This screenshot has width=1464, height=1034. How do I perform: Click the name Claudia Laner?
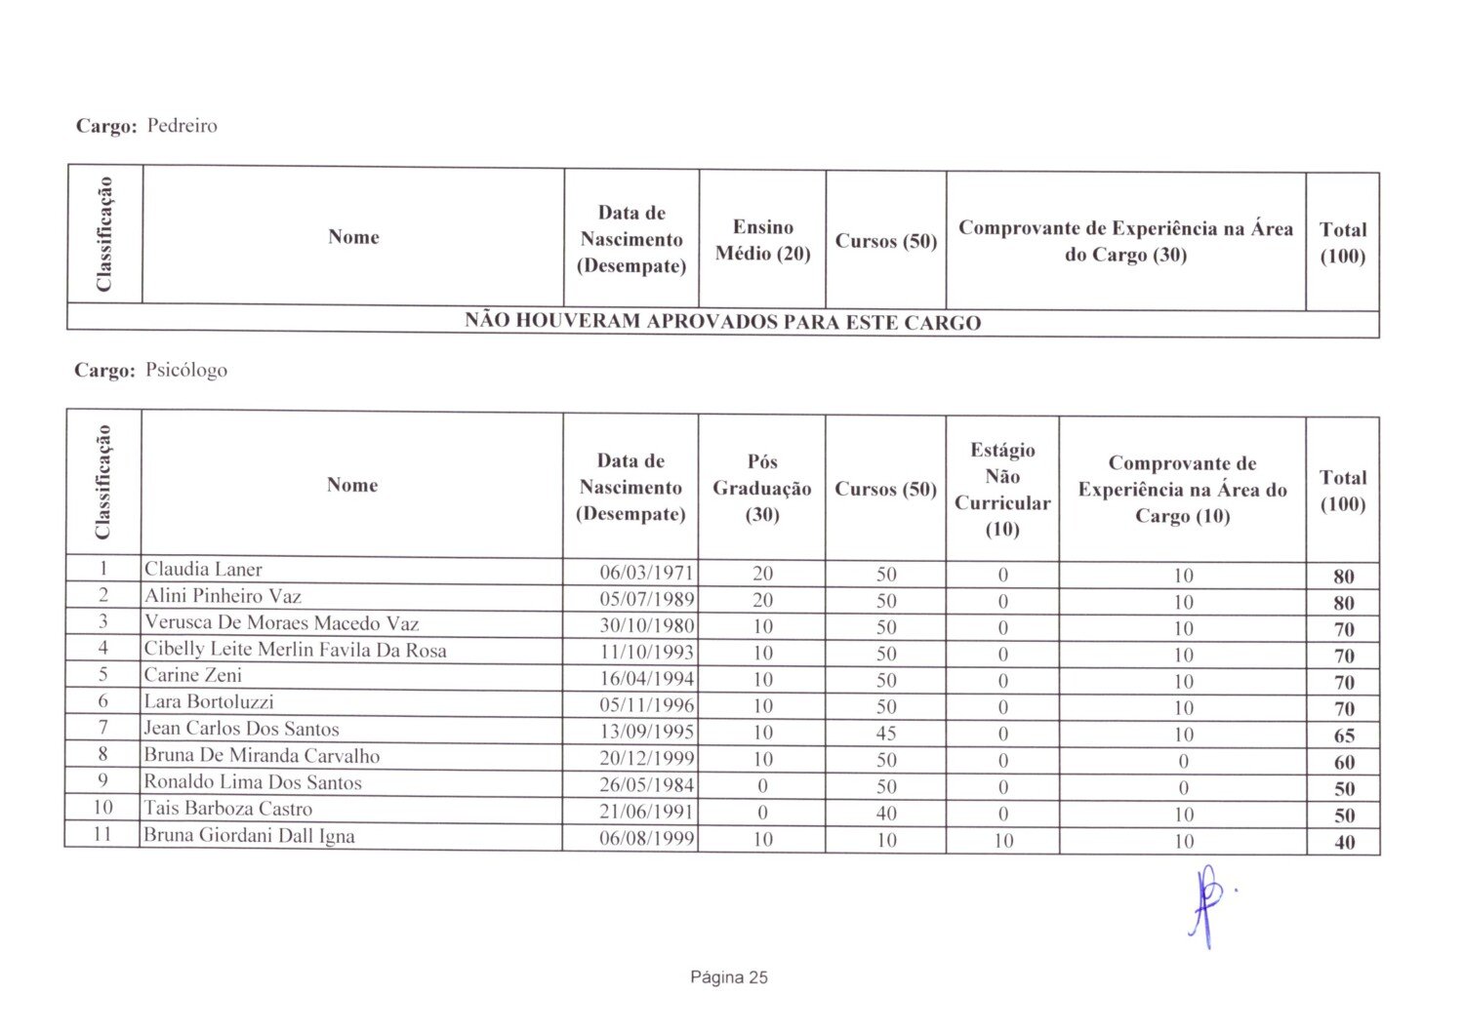[203, 570]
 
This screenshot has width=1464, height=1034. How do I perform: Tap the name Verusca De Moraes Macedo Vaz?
[281, 623]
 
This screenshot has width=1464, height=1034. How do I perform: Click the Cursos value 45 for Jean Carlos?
[885, 734]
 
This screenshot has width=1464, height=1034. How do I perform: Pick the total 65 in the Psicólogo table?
[1343, 736]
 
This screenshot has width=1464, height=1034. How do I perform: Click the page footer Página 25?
[728, 977]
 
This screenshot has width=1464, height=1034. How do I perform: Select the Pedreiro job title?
[182, 126]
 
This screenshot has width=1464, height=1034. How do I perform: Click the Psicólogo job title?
[185, 371]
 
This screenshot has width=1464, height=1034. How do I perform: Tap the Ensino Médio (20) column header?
[762, 240]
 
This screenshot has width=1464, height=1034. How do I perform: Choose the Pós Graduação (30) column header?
[761, 488]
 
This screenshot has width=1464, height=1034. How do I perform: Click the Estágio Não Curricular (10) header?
[1001, 489]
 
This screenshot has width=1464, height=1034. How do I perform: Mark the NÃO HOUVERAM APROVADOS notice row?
[722, 323]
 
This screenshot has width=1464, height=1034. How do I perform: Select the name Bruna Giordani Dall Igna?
[249, 836]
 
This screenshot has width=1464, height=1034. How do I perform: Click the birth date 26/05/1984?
[646, 785]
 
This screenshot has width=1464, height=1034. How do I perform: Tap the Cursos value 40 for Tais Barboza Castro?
[885, 814]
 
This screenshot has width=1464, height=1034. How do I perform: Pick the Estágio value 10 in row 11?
[1002, 841]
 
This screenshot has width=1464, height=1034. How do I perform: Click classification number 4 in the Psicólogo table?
[102, 648]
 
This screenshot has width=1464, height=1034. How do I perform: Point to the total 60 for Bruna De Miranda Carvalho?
[1343, 763]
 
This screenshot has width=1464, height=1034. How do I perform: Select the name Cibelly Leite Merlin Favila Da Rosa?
[295, 650]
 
